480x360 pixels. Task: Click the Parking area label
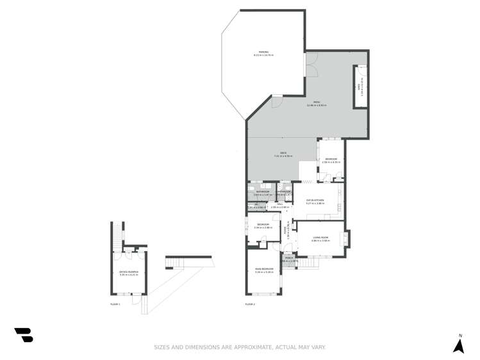(x=263, y=53)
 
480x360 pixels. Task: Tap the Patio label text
(x=317, y=103)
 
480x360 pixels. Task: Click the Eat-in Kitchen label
(x=315, y=201)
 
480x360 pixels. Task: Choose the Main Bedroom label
(x=264, y=270)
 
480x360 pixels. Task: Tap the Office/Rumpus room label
(x=129, y=273)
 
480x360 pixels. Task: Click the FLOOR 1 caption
(x=115, y=304)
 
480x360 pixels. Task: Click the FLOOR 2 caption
(x=250, y=304)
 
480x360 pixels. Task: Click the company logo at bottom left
(x=24, y=334)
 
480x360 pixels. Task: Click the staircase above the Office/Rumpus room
(x=117, y=234)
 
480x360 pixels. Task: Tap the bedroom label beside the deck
(x=331, y=160)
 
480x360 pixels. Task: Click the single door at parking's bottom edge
(x=277, y=101)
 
